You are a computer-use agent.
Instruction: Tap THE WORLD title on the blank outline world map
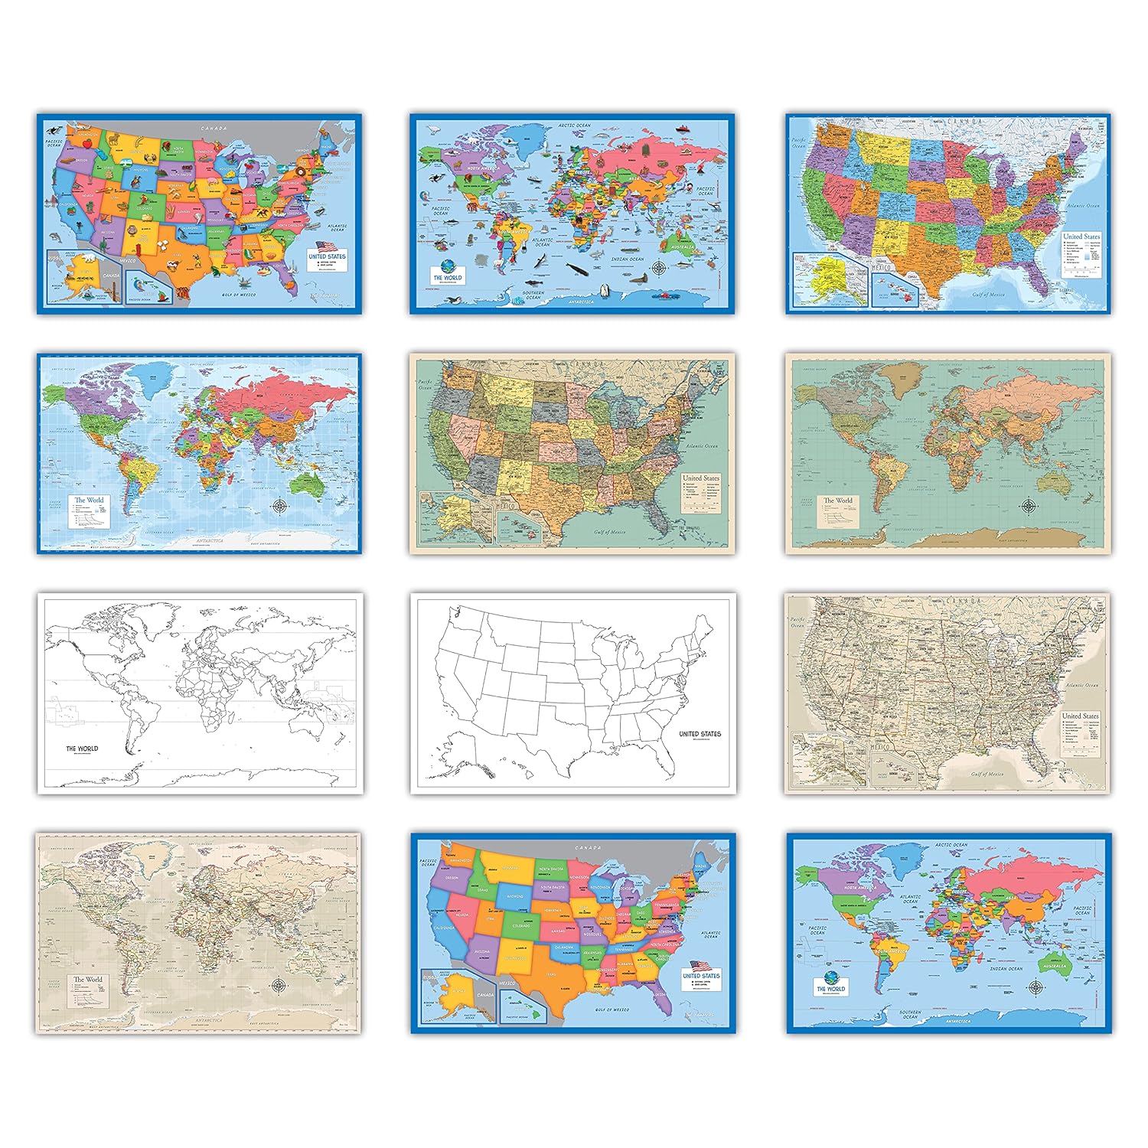82,748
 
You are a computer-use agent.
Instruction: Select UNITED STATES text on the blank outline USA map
700,733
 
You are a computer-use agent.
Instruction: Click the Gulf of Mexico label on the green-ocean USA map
609,531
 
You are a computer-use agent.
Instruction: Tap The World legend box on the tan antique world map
87,993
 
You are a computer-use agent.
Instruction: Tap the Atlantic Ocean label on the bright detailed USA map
1082,205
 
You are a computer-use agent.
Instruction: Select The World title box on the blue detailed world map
89,510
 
